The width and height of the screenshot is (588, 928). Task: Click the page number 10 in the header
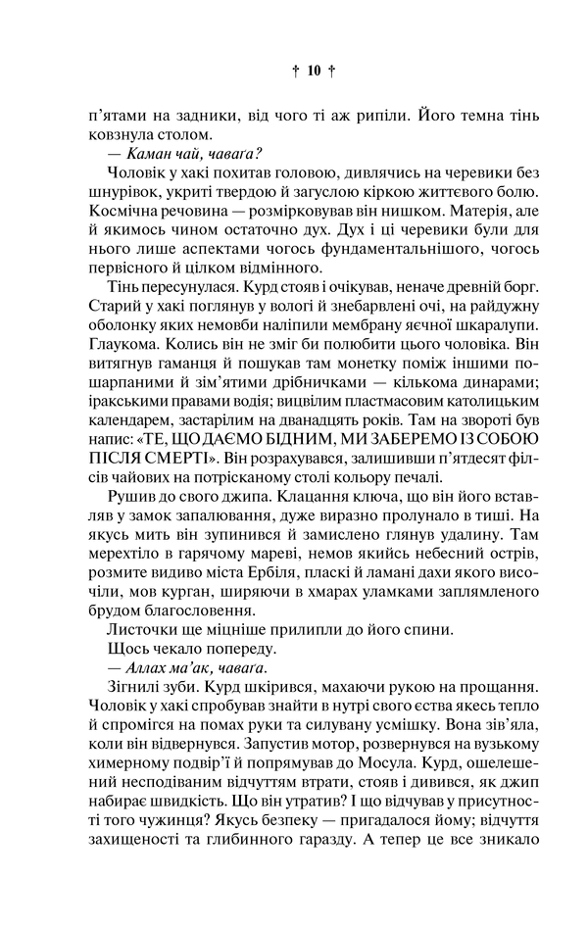point(314,71)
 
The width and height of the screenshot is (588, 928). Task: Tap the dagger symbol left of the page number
point(296,71)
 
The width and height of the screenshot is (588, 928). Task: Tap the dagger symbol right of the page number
point(332,71)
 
